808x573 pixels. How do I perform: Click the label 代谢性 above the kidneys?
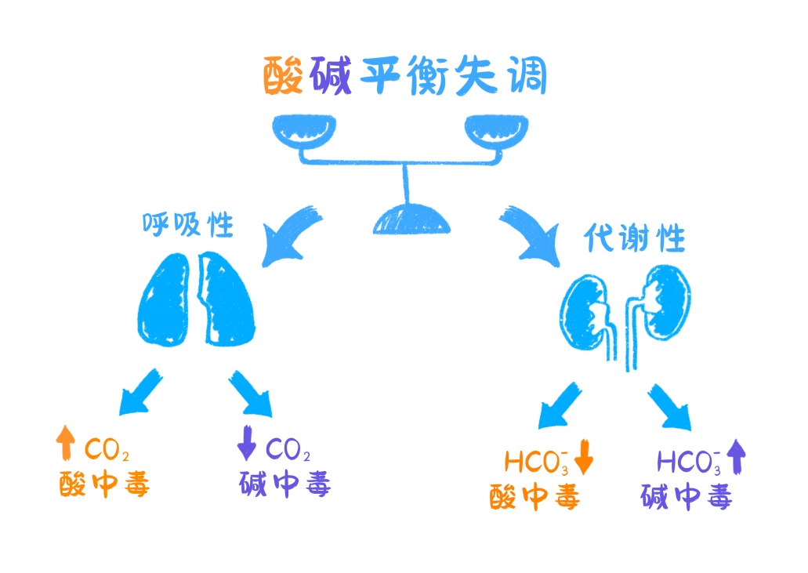(x=635, y=238)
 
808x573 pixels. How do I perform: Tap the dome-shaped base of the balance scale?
(x=411, y=219)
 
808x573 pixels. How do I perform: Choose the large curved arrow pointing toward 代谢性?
(x=529, y=232)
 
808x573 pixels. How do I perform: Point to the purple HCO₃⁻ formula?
(x=688, y=461)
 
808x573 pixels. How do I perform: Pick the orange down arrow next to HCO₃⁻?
(x=584, y=459)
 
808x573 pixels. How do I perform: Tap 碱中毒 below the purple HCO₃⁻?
(x=686, y=497)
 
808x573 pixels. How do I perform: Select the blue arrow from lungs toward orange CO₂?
(x=140, y=395)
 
